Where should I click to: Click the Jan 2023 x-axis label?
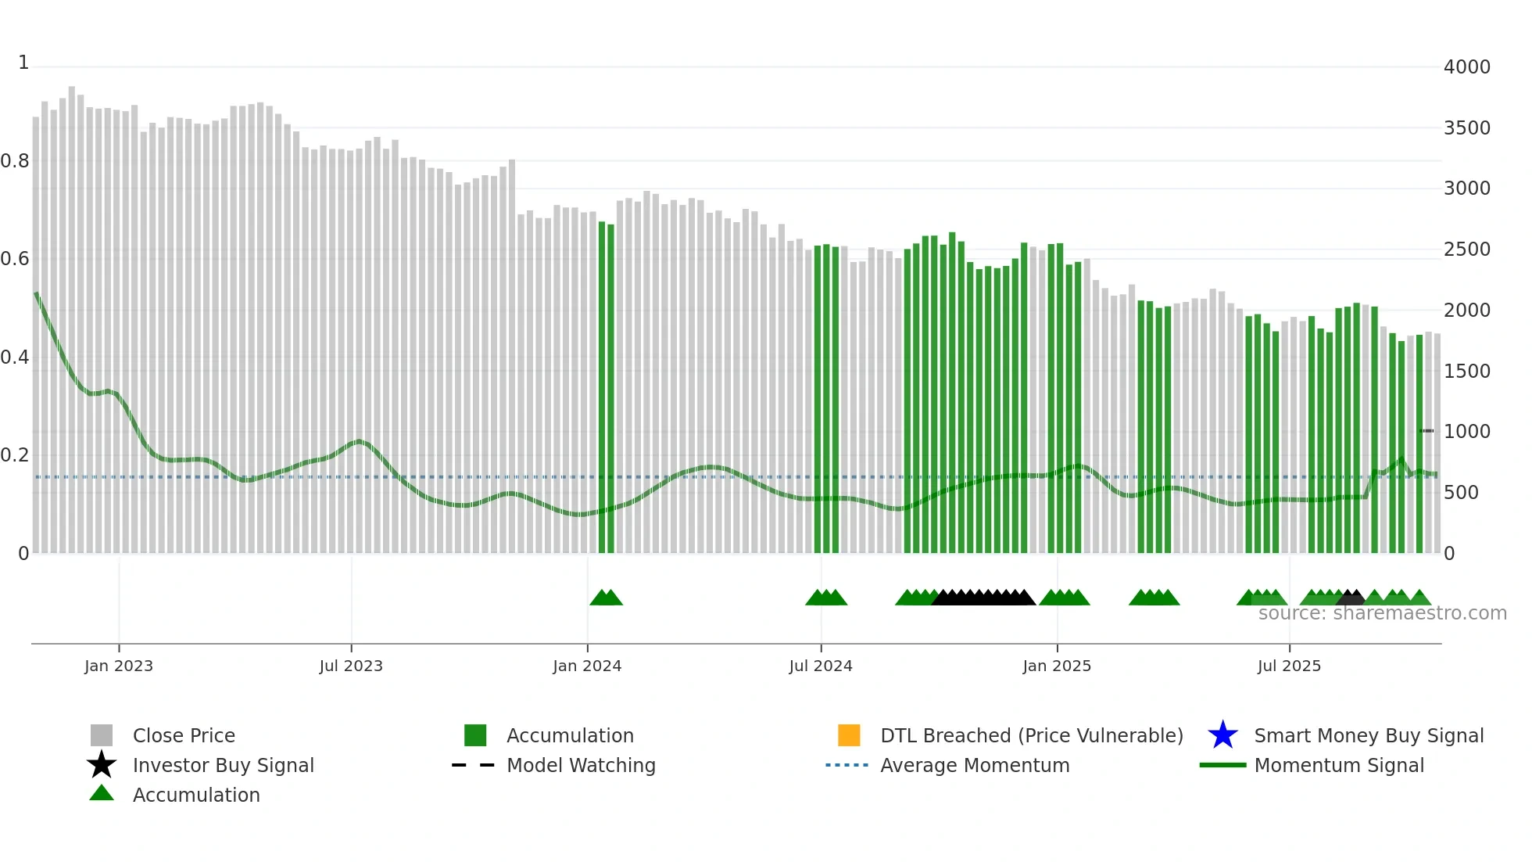[119, 666]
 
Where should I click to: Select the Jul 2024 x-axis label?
[821, 666]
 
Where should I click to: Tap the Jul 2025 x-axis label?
[1289, 666]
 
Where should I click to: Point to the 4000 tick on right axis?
[1466, 67]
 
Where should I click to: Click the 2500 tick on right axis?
[1466, 250]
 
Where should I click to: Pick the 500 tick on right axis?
[1461, 493]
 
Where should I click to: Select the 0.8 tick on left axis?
[15, 161]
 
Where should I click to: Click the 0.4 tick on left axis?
[15, 357]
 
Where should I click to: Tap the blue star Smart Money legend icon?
[1222, 735]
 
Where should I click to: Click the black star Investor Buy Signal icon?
[102, 765]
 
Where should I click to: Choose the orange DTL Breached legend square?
[849, 735]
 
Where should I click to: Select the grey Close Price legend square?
[102, 735]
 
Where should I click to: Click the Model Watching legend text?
[581, 766]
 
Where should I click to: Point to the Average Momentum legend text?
[975, 766]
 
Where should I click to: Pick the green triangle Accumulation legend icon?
[102, 793]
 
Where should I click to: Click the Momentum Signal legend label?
[1339, 766]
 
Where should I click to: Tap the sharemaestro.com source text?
[1382, 613]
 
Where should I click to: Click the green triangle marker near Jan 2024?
[606, 598]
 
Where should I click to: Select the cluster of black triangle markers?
[983, 598]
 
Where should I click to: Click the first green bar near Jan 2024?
[602, 387]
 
